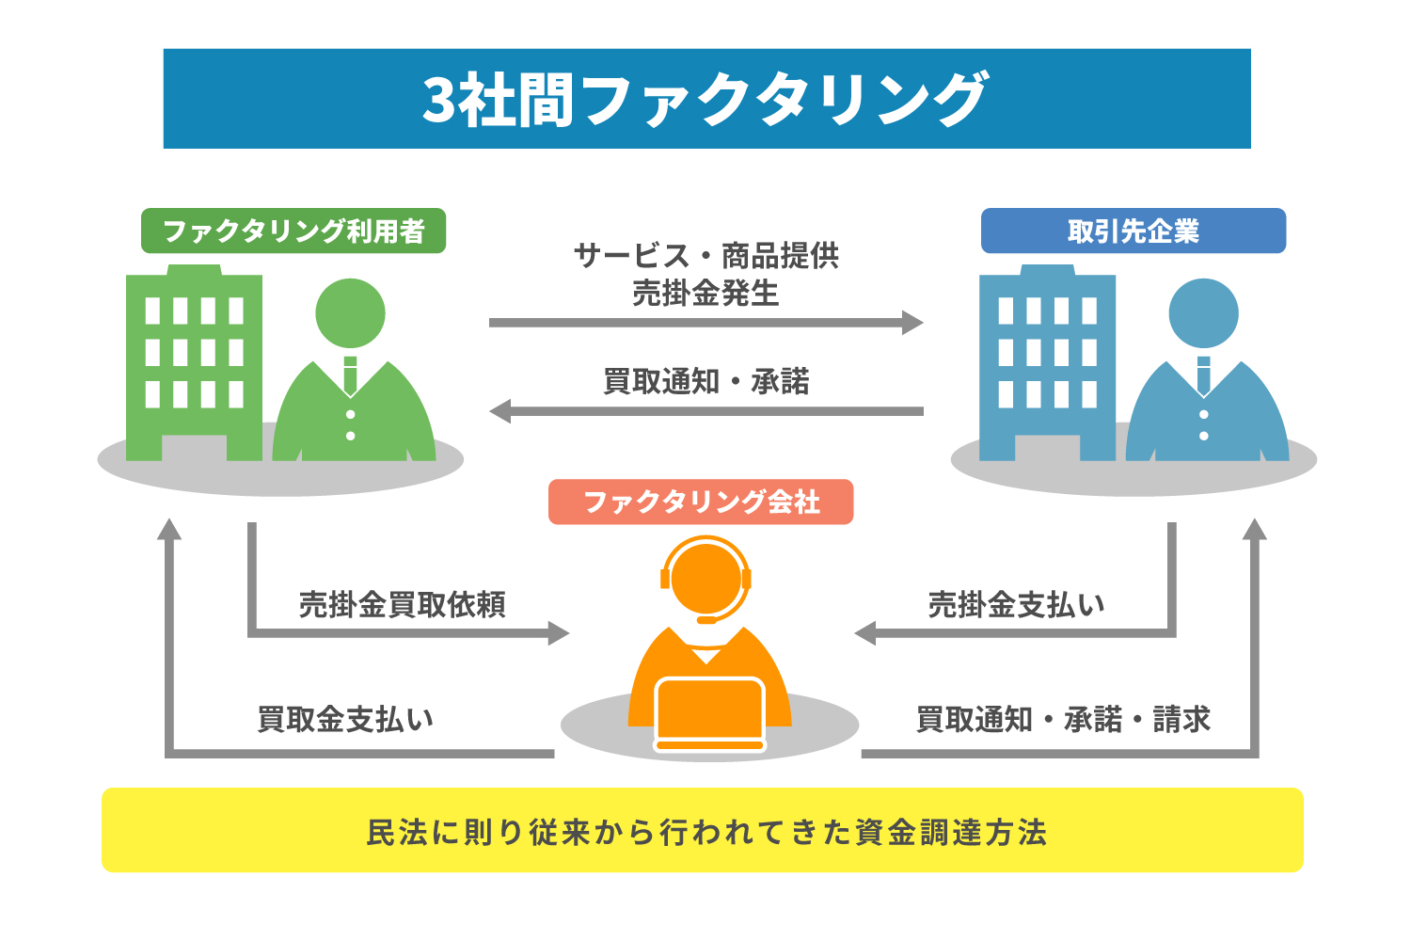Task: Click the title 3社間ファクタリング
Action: pyautogui.click(x=705, y=99)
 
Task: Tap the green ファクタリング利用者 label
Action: pyautogui.click(x=293, y=231)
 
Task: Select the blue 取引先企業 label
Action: pyautogui.click(x=1134, y=231)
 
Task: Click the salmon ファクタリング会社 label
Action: pyautogui.click(x=701, y=502)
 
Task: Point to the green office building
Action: pyautogui.click(x=194, y=362)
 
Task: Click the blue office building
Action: pyautogui.click(x=1047, y=362)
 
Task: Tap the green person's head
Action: pyautogui.click(x=350, y=313)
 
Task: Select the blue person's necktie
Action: pyautogui.click(x=1204, y=376)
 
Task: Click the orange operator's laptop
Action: pyautogui.click(x=710, y=714)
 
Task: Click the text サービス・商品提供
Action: pyautogui.click(x=706, y=256)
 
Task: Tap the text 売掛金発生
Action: pyautogui.click(x=706, y=293)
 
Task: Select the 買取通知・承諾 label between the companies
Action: pyautogui.click(x=706, y=381)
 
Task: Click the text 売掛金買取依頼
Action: pyautogui.click(x=402, y=604)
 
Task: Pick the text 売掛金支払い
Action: pyautogui.click(x=1016, y=604)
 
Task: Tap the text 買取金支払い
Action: pyautogui.click(x=345, y=719)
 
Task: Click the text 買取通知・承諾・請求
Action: pyautogui.click(x=1063, y=719)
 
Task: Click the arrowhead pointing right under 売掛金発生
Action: pyautogui.click(x=912, y=323)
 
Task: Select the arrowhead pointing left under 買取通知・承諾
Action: pyautogui.click(x=500, y=411)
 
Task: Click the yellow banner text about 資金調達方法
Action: pyautogui.click(x=706, y=832)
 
